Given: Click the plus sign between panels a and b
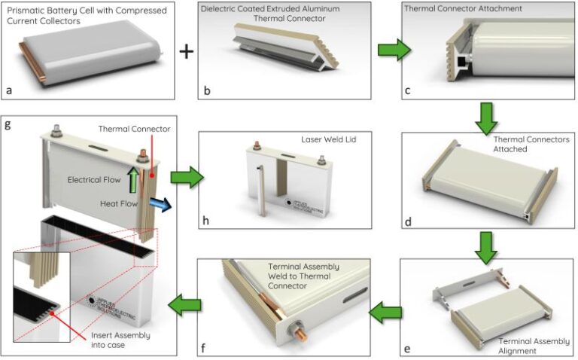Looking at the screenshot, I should [x=186, y=51].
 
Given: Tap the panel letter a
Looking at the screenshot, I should [x=9, y=91].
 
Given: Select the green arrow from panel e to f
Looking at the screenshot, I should [x=386, y=311].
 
